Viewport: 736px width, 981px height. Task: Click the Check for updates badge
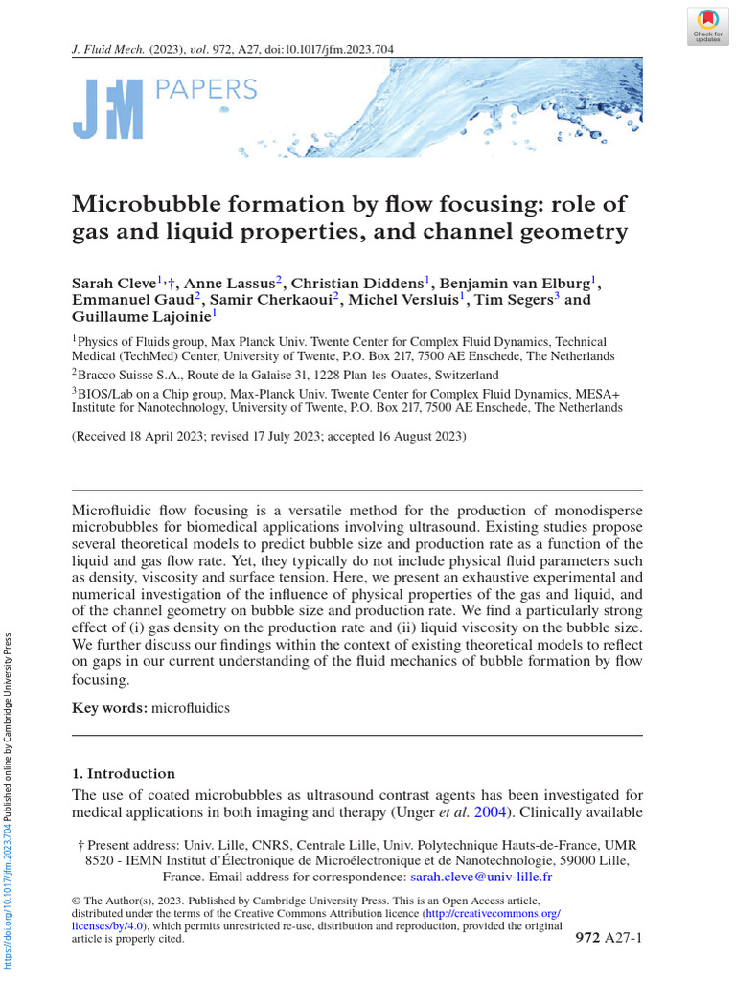[x=707, y=25]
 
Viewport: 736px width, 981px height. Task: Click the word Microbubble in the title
[x=156, y=204]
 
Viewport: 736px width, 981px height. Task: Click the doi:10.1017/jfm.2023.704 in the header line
[x=325, y=49]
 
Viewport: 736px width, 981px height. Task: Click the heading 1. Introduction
[x=124, y=773]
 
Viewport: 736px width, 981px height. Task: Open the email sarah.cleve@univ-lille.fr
[x=481, y=877]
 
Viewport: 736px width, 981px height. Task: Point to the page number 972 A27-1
[x=608, y=936]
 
